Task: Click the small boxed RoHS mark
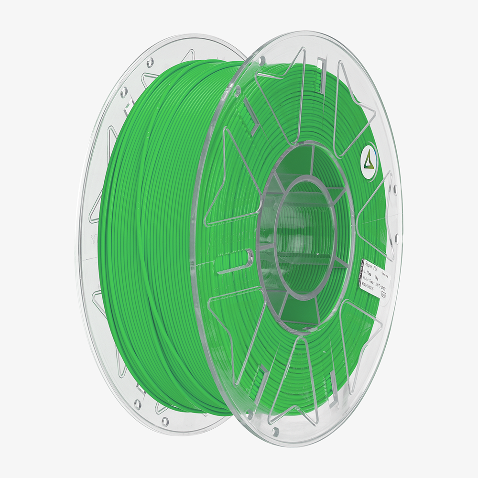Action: pyautogui.click(x=383, y=295)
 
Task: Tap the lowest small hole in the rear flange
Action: pyautogui.click(x=164, y=421)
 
